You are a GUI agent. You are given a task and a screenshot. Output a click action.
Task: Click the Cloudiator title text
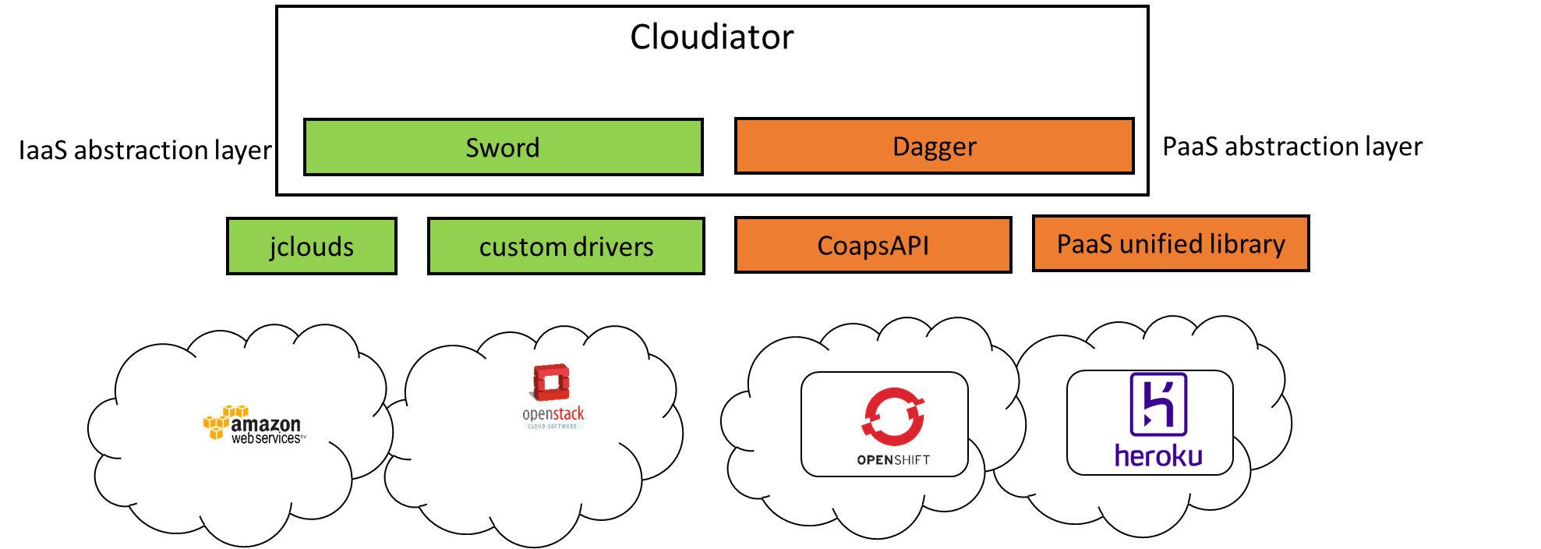tap(712, 37)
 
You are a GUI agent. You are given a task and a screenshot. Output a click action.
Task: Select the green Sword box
tap(503, 147)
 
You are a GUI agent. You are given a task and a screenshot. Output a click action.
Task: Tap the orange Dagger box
tap(934, 147)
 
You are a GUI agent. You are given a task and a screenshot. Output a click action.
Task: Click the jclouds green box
tap(311, 246)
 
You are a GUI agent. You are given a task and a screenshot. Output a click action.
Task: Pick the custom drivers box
tap(566, 246)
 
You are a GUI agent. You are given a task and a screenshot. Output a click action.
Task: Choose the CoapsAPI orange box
tap(873, 246)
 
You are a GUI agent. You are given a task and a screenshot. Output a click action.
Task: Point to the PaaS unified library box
tap(1170, 244)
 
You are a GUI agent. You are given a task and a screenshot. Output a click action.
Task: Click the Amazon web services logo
tap(255, 425)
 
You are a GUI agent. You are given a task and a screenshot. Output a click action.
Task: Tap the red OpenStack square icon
tap(551, 382)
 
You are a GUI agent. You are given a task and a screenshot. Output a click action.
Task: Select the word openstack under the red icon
tap(553, 414)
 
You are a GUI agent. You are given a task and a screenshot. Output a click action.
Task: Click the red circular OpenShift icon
tap(893, 416)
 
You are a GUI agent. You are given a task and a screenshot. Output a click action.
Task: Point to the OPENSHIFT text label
tap(893, 460)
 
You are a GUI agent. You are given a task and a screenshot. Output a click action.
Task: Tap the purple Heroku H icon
tap(1158, 404)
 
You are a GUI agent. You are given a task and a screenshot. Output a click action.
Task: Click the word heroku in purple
tap(1158, 455)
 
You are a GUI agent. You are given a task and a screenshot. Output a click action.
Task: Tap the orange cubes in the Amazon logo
tap(217, 421)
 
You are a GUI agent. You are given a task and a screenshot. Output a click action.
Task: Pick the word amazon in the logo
tap(266, 424)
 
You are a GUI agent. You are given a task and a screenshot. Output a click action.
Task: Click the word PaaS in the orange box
tap(1084, 244)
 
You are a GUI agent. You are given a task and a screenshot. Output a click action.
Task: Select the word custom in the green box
tap(522, 246)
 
